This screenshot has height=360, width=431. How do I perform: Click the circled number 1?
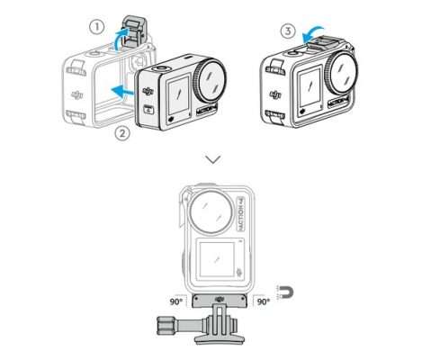point(96,28)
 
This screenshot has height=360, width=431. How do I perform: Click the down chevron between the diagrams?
point(213,159)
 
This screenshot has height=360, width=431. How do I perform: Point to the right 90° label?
point(263,301)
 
